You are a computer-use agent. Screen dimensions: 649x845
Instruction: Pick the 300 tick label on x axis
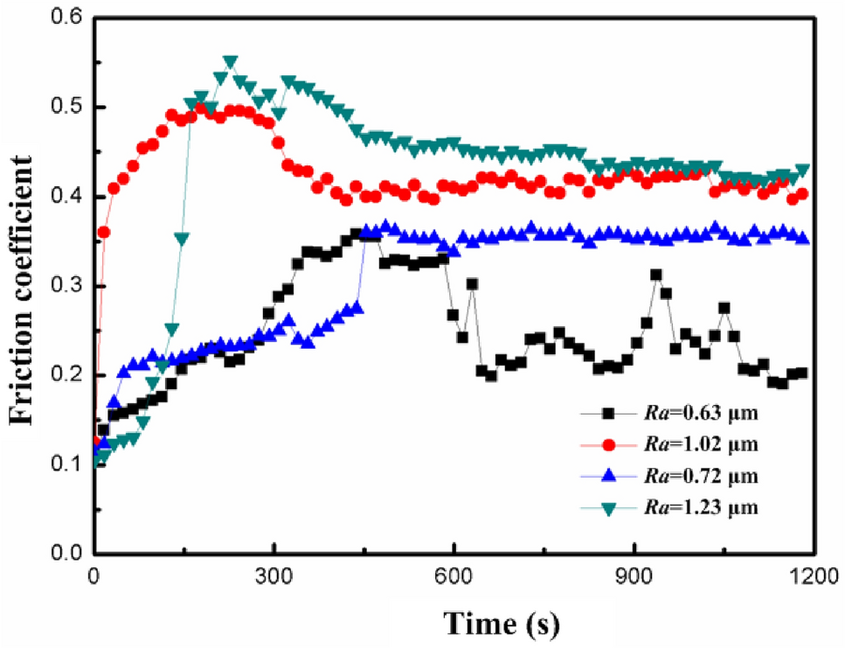(x=274, y=576)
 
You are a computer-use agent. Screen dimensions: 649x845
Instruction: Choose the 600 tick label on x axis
(x=454, y=576)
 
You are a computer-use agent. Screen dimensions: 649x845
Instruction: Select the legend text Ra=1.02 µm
(x=699, y=445)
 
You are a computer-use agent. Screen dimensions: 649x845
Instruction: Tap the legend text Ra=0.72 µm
(x=699, y=477)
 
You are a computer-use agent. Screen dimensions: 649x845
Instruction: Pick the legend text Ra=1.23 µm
(x=699, y=508)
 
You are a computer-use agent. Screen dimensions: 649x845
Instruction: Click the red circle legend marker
(x=612, y=445)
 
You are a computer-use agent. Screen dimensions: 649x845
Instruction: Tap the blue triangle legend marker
(x=612, y=477)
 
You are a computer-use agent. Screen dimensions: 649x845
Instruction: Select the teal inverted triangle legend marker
(x=612, y=508)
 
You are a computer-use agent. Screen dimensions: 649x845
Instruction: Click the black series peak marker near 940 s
(x=655, y=275)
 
